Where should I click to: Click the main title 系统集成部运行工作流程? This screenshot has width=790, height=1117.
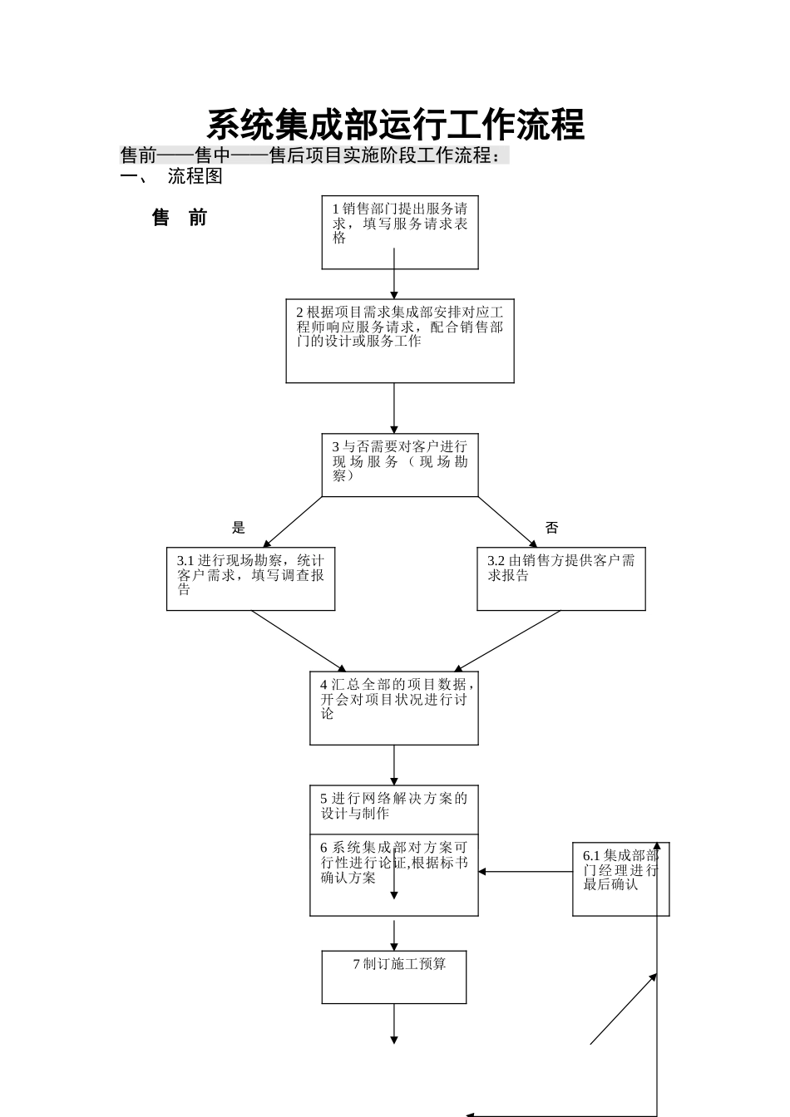(x=395, y=125)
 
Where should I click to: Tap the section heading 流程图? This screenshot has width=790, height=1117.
(x=195, y=176)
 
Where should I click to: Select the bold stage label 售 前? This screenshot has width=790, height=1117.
(x=180, y=218)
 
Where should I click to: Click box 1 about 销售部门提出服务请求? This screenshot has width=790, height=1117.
(x=400, y=233)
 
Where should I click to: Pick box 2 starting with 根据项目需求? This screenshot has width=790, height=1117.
(x=400, y=341)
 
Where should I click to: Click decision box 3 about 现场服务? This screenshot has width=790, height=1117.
(x=400, y=465)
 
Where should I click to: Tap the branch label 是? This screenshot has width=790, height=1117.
(x=239, y=527)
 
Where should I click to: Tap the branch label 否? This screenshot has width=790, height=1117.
(x=551, y=527)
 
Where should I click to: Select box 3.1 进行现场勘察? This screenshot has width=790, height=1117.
(x=250, y=578)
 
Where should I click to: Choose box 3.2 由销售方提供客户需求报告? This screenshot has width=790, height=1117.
(x=560, y=578)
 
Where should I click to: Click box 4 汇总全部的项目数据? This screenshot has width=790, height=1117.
(x=394, y=708)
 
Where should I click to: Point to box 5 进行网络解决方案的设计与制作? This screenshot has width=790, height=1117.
(x=394, y=809)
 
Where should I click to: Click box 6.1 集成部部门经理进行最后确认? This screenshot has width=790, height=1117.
(x=620, y=879)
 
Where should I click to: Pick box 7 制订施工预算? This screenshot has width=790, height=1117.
(x=394, y=977)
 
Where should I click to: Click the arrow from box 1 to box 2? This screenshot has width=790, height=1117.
(x=394, y=283)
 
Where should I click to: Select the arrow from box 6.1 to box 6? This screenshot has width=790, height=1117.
(x=526, y=872)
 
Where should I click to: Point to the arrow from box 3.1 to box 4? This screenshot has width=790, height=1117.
(x=298, y=641)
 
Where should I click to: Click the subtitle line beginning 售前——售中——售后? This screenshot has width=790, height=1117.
(x=312, y=155)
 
